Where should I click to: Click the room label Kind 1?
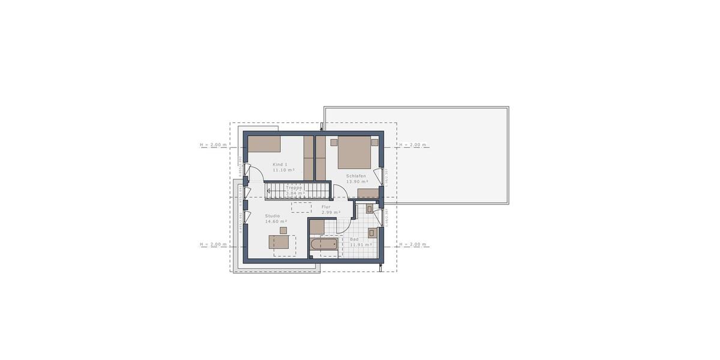280,164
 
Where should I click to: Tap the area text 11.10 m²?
284,170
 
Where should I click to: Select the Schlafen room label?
356,176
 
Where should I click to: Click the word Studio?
273,216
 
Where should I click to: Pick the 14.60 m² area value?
276,221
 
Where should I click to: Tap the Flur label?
326,207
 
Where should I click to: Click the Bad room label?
354,239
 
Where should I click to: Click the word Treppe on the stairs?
294,188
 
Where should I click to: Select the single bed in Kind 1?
265,143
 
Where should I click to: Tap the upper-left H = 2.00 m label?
214,145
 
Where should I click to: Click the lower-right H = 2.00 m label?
413,244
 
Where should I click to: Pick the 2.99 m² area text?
331,212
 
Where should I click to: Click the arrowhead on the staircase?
269,193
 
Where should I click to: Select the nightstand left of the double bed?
333,142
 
